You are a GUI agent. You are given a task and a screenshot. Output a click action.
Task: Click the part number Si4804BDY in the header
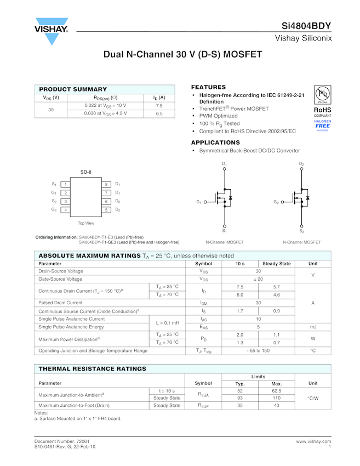pos(306,26)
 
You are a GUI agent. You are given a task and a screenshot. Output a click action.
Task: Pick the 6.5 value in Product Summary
pos(159,113)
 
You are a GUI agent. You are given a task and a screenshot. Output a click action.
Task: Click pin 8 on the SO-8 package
pos(106,184)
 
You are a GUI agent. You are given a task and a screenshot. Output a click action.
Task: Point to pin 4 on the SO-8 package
pos(65,210)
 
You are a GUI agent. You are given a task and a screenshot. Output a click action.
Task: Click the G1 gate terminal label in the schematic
pos(199,202)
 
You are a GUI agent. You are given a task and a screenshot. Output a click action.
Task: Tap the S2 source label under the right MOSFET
pos(301,231)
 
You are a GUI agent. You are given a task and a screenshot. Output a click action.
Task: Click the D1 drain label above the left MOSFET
pos(224,164)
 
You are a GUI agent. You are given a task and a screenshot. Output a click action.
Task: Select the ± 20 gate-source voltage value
pos(258,279)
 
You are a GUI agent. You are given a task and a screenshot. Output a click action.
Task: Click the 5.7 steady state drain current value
pos(276,287)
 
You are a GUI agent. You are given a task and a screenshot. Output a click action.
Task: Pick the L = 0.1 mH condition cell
pos(168,323)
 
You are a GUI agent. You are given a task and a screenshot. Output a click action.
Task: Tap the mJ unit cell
pos(313,327)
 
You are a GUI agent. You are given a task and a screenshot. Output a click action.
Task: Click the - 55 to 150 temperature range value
pos(258,350)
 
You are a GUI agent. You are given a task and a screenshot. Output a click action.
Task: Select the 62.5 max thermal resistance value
pos(276,390)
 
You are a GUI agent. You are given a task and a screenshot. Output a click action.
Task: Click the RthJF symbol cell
pos(203,406)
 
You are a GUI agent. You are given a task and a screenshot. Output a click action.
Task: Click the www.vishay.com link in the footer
pos(313,441)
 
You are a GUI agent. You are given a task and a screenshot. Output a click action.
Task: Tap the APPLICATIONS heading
pos(215,143)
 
